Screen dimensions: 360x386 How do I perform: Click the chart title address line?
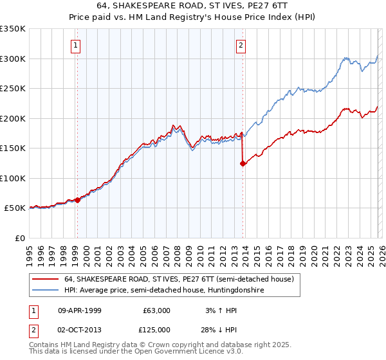pyautogui.click(x=192, y=5)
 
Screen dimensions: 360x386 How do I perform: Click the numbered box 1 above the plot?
pyautogui.click(x=76, y=45)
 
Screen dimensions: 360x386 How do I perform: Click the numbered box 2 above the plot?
pyautogui.click(x=241, y=45)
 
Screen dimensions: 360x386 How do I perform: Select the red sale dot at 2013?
pyautogui.click(x=243, y=163)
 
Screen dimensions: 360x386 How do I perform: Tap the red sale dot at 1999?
pyautogui.click(x=77, y=200)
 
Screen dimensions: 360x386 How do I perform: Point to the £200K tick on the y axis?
pyautogui.click(x=13, y=118)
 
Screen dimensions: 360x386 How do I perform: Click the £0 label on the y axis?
pyautogui.click(x=19, y=238)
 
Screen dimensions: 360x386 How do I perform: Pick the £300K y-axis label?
pyautogui.click(x=13, y=59)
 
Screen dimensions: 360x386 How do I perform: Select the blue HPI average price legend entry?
pyautogui.click(x=165, y=291)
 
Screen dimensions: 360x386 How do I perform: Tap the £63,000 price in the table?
pyautogui.click(x=156, y=310)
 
